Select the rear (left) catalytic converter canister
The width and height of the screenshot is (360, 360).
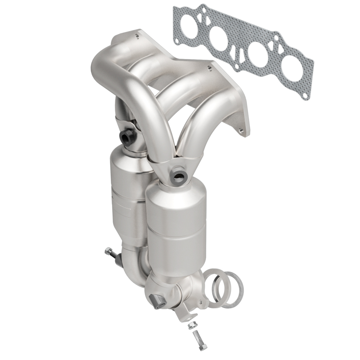(x=126, y=194)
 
